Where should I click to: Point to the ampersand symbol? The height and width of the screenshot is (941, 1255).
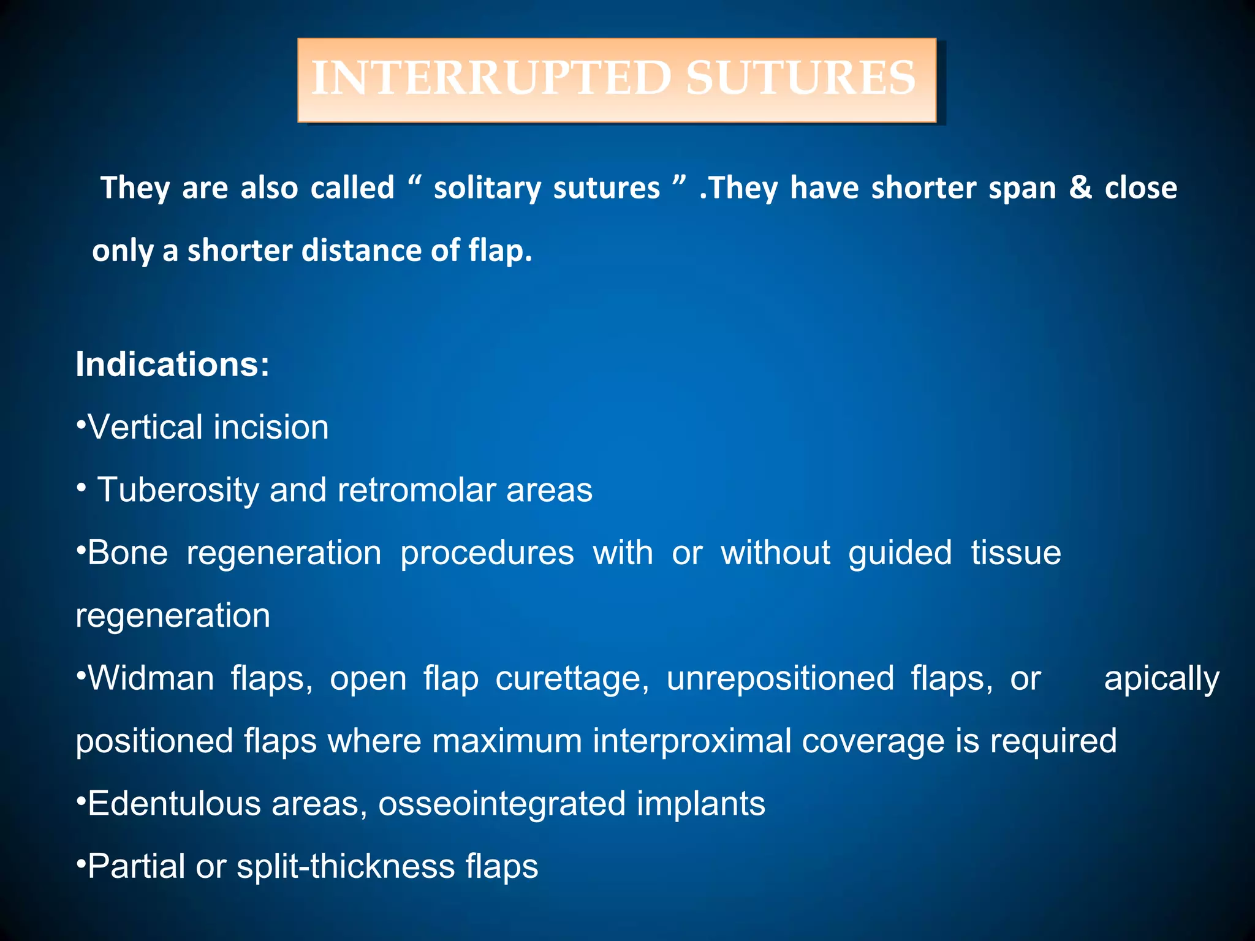coord(1080,187)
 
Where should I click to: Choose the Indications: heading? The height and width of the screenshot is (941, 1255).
coord(172,365)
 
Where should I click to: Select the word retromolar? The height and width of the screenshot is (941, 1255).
coord(417,490)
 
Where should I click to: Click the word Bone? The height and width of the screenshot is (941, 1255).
coord(127,553)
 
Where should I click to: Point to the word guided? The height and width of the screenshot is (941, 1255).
coord(900,553)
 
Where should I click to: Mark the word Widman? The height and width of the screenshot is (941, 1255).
coord(151,678)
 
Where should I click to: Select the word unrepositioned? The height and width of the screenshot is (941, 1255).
coord(780,679)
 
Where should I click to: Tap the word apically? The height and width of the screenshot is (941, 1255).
coord(1161,679)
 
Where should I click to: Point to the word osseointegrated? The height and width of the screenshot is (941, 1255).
coord(502,804)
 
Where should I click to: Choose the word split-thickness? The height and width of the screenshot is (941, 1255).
coord(345,867)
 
